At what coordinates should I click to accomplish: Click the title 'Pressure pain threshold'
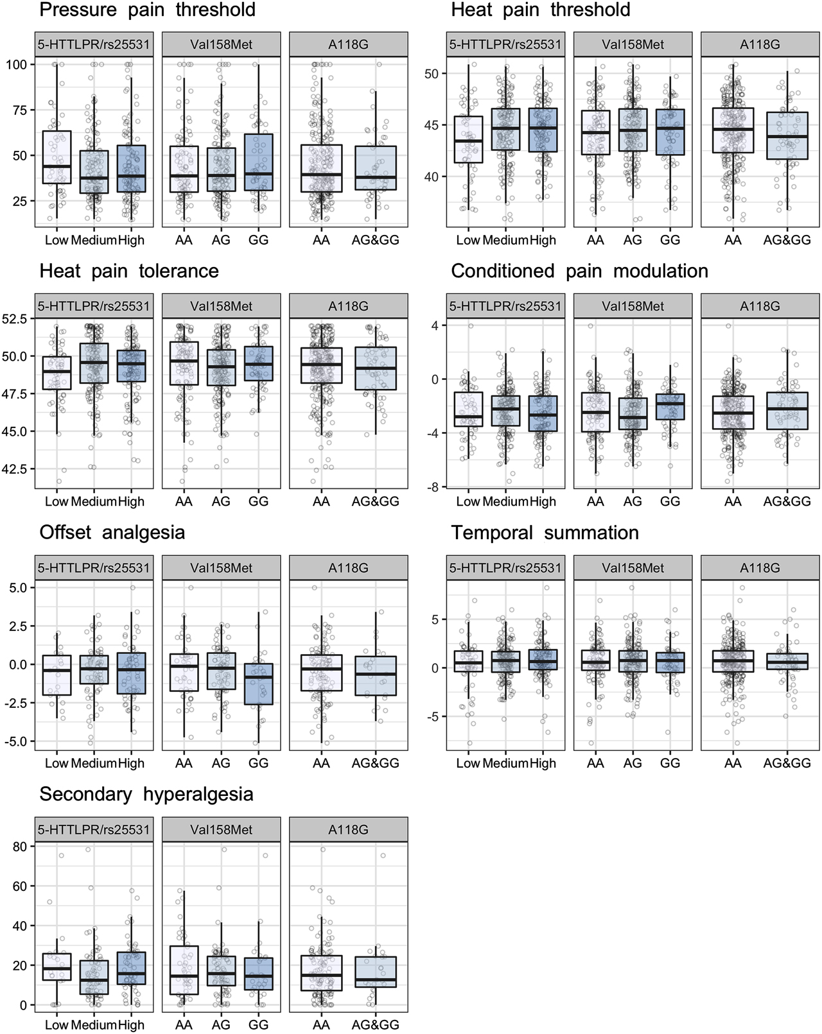point(147,10)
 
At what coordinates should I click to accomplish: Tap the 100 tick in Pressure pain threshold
point(17,64)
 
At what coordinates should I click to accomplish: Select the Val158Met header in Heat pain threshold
point(633,45)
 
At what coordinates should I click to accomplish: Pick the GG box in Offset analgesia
point(258,684)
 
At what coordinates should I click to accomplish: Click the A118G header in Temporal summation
point(760,568)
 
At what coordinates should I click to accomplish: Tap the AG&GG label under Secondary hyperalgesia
point(375,1024)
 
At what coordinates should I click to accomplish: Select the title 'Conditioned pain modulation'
point(579,271)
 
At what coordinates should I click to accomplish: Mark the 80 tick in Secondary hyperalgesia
point(20,847)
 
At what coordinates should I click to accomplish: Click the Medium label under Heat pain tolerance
point(94,501)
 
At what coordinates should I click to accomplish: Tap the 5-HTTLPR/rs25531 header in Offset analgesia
point(94,568)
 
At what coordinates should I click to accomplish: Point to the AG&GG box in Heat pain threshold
point(787,135)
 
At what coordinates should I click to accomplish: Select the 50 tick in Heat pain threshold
point(432,74)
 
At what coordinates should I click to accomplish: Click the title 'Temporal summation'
point(545,533)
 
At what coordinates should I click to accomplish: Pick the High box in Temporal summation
point(543,660)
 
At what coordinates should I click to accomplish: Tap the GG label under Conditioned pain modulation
point(670,501)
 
